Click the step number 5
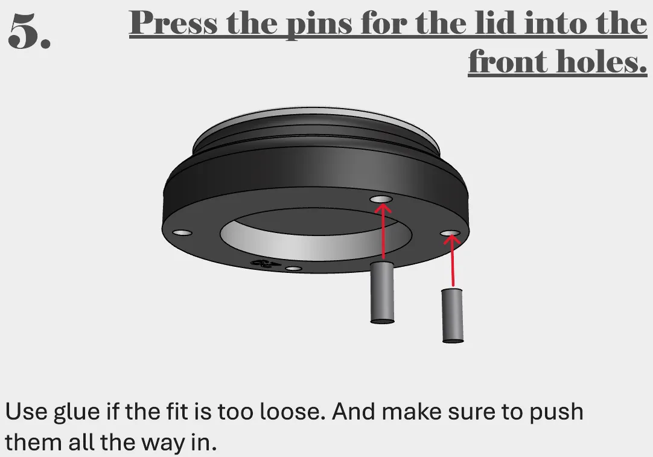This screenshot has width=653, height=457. point(29,31)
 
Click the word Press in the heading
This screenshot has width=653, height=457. point(173,22)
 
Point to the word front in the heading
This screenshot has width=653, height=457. point(508,61)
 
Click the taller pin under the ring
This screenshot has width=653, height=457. point(382,292)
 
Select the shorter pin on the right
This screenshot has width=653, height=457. point(452,315)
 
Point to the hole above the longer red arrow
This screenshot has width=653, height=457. point(381,199)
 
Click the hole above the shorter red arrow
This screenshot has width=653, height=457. point(451,232)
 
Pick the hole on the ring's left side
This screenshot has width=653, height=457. point(182,232)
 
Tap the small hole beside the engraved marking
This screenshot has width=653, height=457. point(293,269)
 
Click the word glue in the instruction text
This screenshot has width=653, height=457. point(77,412)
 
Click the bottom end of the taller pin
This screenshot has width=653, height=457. point(382,321)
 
